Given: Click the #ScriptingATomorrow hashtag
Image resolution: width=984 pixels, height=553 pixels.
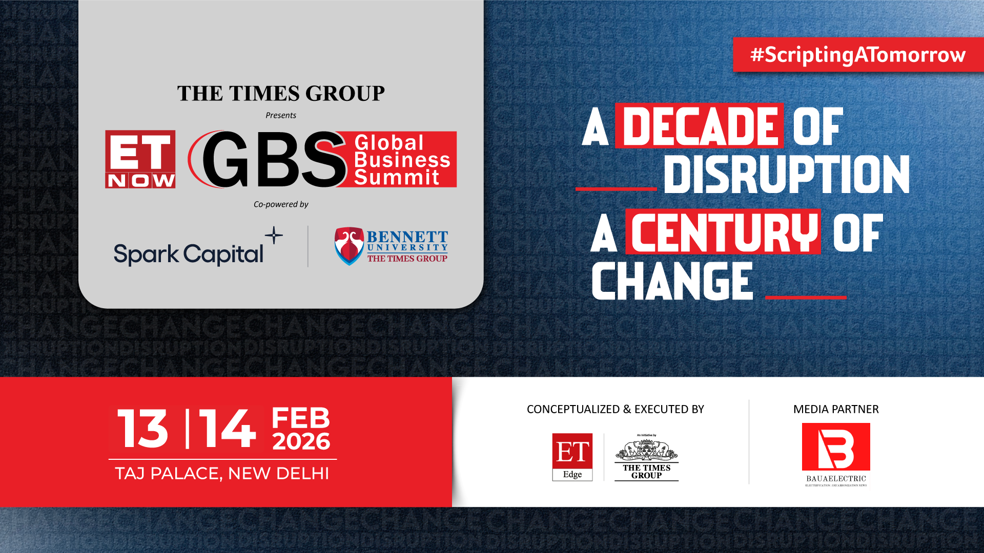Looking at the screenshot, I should (x=858, y=54).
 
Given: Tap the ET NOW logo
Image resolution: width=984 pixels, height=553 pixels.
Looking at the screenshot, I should (x=140, y=159).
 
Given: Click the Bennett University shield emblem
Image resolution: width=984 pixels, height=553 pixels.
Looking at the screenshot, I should (x=349, y=246).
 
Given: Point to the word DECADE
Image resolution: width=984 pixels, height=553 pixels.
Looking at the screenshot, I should (x=699, y=126).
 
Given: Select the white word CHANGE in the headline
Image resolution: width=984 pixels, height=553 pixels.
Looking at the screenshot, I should (x=672, y=281).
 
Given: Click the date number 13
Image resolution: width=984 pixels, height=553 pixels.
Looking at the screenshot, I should (x=142, y=429).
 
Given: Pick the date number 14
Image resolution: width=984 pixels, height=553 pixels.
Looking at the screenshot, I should (x=227, y=429).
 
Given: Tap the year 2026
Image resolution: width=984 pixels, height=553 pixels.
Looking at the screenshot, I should (x=301, y=441).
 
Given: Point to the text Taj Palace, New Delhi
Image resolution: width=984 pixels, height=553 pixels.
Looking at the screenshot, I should (x=222, y=473).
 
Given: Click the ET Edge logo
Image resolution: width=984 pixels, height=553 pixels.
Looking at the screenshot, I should (x=572, y=457).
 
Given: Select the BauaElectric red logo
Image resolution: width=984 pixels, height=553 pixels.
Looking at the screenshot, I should (x=836, y=446).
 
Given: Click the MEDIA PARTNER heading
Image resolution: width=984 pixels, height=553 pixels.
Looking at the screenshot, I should (x=836, y=409).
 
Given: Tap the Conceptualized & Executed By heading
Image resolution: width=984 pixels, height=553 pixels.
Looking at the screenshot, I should (x=615, y=409).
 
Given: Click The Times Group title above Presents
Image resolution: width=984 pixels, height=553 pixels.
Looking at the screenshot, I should (x=281, y=94).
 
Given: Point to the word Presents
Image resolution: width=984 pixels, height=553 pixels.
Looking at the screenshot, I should (x=281, y=115).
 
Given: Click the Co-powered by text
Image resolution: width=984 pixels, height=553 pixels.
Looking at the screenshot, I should (x=281, y=204).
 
